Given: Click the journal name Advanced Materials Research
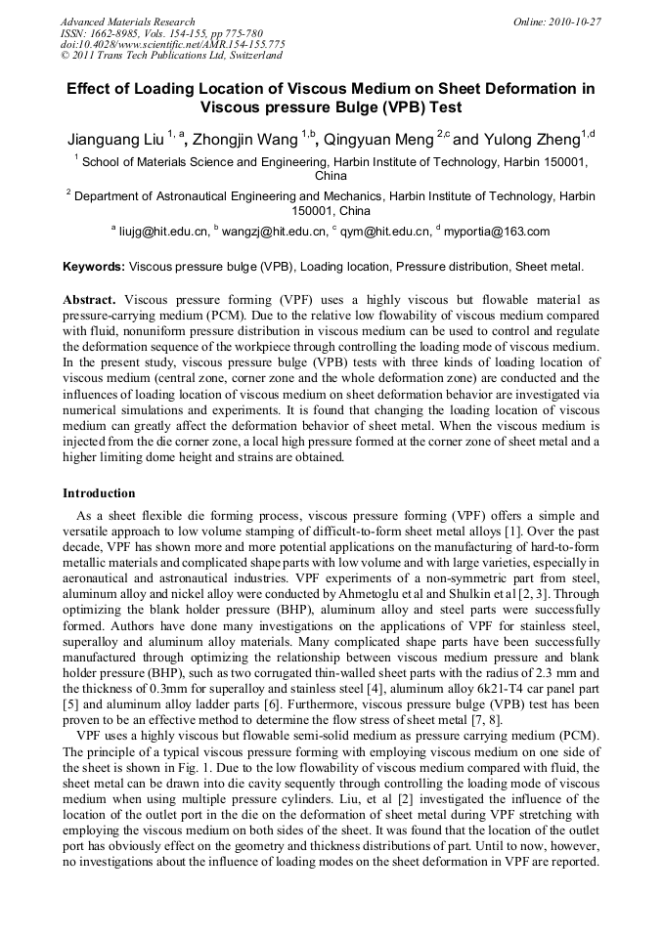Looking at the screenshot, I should [x=127, y=21].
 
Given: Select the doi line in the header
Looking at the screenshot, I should [x=172, y=44].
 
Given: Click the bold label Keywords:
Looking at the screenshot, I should [x=94, y=266].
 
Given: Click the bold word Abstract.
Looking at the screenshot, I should [x=89, y=299].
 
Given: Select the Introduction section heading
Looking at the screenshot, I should [x=99, y=492].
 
